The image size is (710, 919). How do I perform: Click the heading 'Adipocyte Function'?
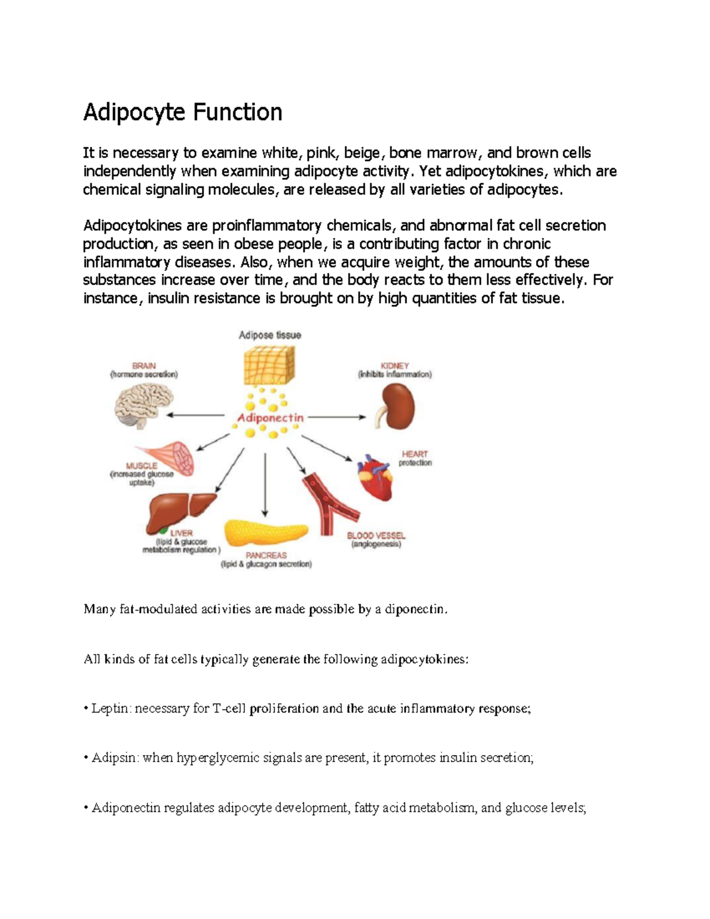[182, 112]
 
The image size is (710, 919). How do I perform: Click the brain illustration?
[143, 406]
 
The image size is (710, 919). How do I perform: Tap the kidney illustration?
[397, 407]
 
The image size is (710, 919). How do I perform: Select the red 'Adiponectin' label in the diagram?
[270, 418]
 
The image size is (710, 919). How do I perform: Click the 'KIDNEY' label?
[395, 366]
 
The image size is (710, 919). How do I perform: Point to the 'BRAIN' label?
[144, 366]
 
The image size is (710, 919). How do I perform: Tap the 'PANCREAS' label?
[266, 555]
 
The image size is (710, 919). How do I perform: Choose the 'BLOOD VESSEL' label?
[376, 536]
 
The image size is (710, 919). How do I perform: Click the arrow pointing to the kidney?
[337, 417]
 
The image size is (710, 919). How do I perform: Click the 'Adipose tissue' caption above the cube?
[270, 335]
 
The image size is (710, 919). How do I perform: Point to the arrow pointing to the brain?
[195, 415]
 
